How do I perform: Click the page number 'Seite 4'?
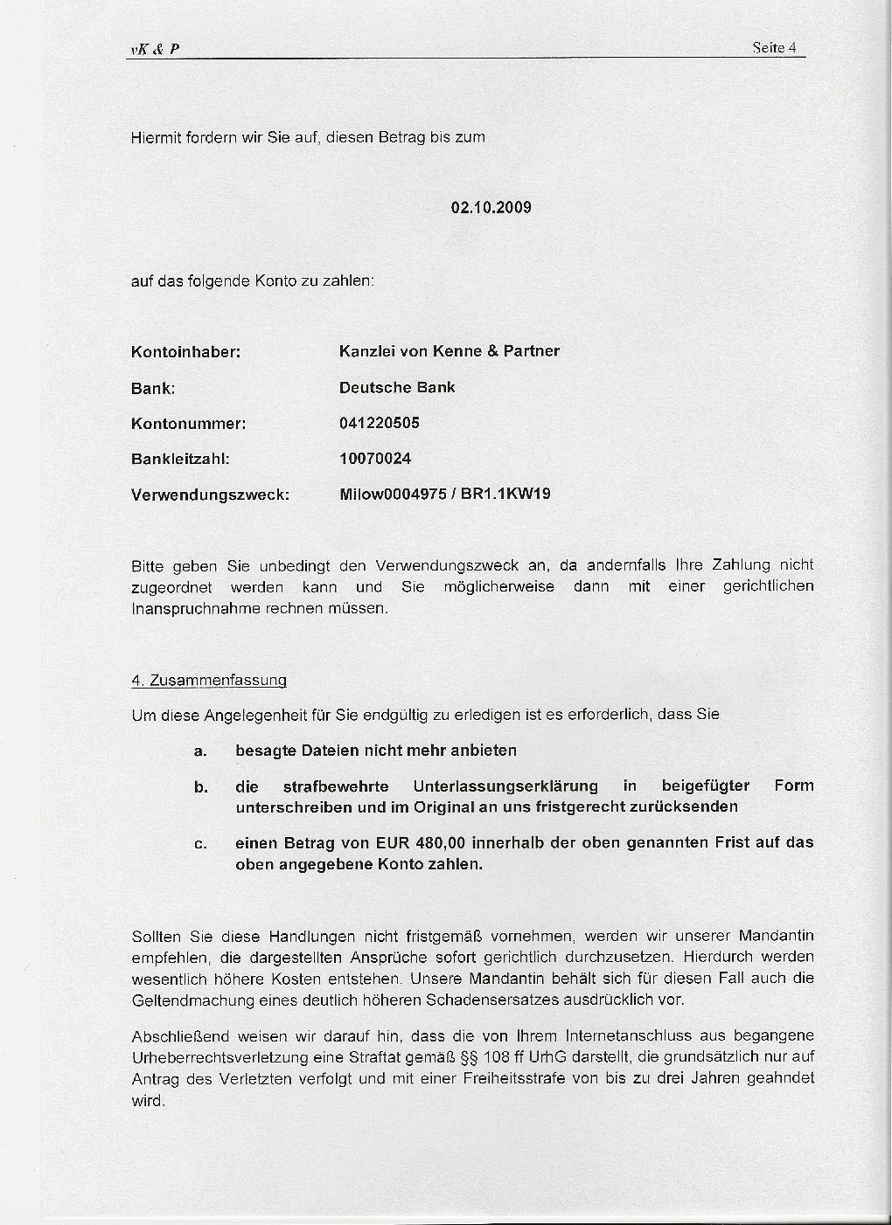click(774, 48)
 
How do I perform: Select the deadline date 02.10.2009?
click(491, 208)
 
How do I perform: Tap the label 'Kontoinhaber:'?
click(185, 353)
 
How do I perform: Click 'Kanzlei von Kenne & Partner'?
click(449, 351)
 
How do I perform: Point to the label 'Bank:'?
click(153, 389)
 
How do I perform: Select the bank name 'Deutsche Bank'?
click(397, 387)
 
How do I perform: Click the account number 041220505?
click(379, 423)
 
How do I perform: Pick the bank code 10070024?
click(374, 459)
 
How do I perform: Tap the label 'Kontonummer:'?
click(188, 424)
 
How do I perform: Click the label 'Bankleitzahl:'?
click(180, 459)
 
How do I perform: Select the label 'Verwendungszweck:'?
click(210, 495)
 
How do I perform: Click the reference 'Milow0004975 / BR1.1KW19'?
click(444, 495)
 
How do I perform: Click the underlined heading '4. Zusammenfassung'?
click(209, 680)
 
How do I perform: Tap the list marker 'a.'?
click(200, 751)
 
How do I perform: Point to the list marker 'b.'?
click(200, 787)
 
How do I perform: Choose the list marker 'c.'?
click(200, 844)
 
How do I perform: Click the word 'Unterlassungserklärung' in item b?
click(505, 786)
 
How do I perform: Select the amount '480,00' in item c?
click(443, 842)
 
